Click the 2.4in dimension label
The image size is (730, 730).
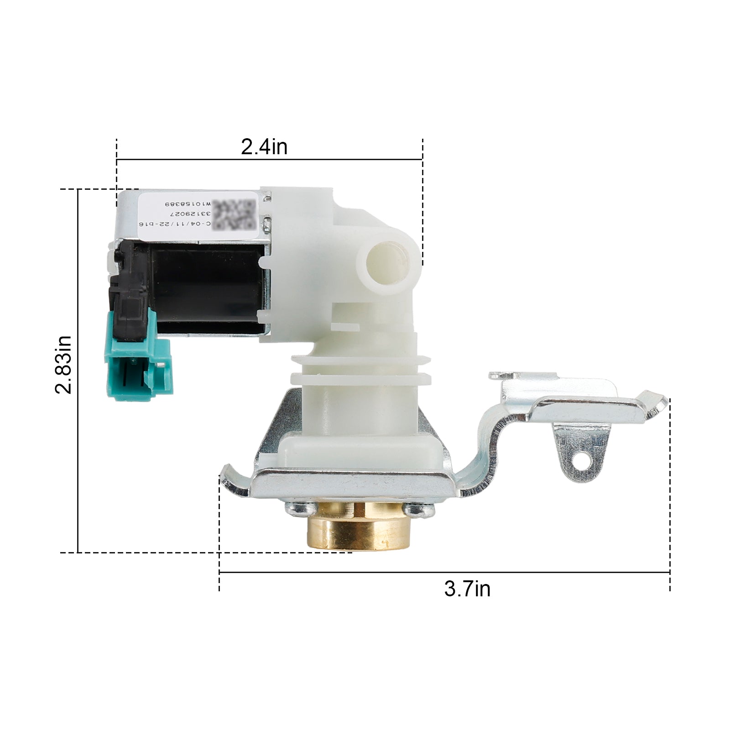pyautogui.click(x=264, y=147)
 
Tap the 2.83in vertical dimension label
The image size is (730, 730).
pyautogui.click(x=63, y=365)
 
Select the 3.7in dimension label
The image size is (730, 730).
pyautogui.click(x=467, y=589)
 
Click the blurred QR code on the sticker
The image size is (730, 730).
pyautogui.click(x=234, y=214)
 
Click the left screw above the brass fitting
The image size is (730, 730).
pyautogui.click(x=297, y=507)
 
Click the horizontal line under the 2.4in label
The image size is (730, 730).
pyautogui.click(x=269, y=160)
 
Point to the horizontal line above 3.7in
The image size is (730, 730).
pyautogui.click(x=444, y=572)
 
